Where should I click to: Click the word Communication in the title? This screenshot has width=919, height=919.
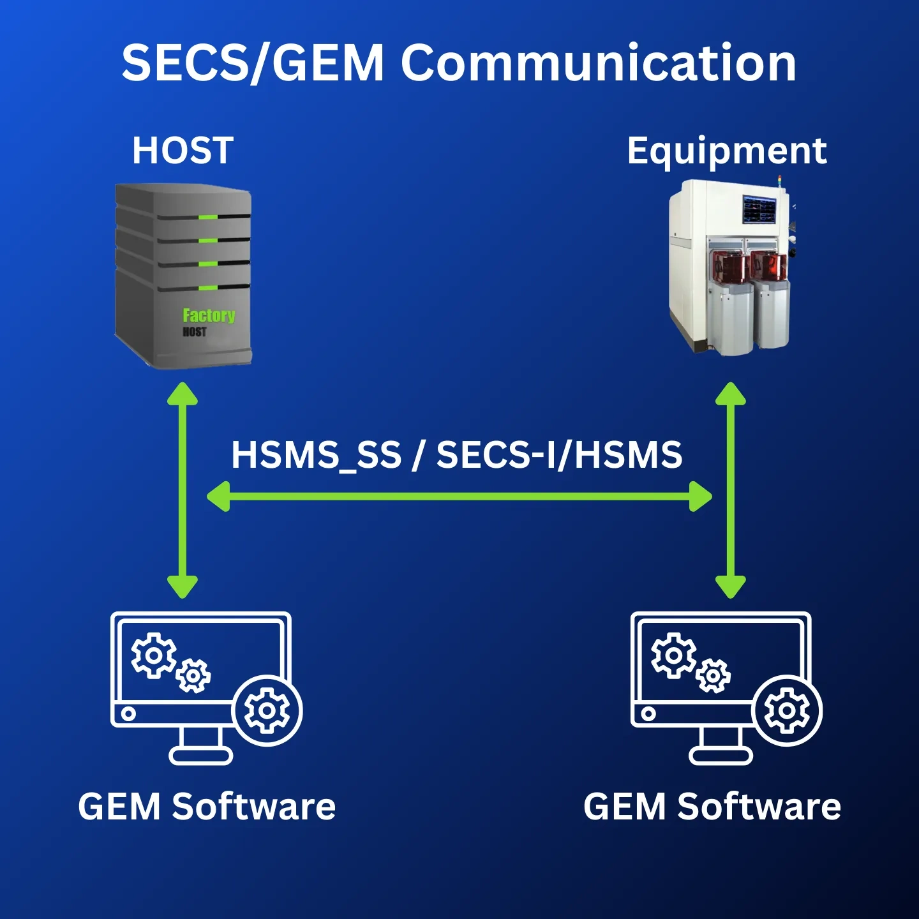598,63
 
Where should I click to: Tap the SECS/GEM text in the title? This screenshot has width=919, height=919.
253,63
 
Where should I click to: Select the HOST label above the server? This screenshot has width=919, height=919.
183,151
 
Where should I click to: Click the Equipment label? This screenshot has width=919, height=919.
727,151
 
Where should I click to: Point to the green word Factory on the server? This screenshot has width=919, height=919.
209,315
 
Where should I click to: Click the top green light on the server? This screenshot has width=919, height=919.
208,218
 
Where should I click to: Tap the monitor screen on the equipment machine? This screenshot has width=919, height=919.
759,209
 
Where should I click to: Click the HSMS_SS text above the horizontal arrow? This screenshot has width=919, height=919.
316,455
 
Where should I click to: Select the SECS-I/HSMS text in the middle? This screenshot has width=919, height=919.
559,455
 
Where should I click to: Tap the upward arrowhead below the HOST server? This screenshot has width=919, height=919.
183,394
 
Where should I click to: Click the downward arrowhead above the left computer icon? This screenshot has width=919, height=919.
183,586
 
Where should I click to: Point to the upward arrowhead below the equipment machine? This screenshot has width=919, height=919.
731,394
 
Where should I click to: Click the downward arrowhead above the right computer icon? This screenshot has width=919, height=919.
731,586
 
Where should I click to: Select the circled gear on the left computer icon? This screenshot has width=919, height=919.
267,710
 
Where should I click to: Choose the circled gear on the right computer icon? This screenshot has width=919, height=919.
787,710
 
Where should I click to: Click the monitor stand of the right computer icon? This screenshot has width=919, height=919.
721,747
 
